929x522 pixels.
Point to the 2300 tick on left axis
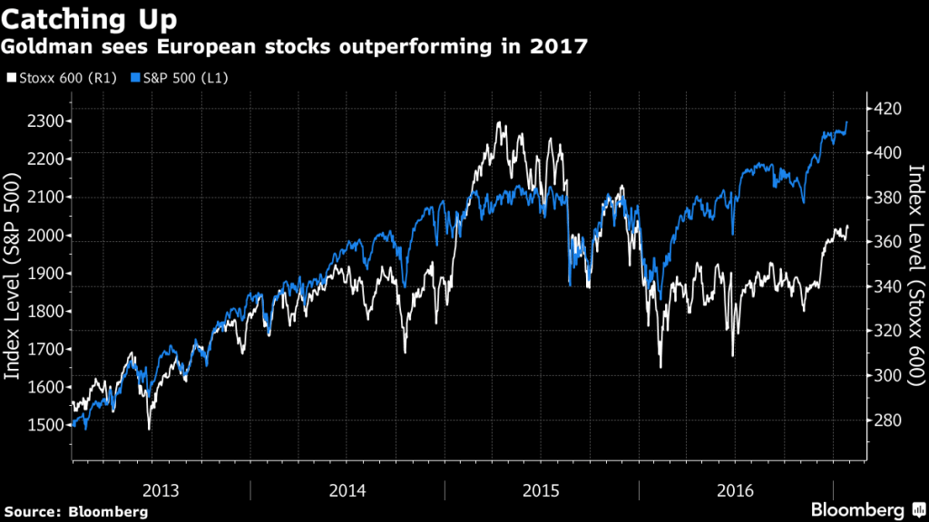47,121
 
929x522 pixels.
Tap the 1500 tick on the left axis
47,425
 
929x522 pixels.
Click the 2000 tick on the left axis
47,235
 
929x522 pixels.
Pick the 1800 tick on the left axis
47,311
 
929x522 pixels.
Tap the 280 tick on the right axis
888,420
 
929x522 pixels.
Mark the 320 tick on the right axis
888,332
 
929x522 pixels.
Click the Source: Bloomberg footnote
75,512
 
